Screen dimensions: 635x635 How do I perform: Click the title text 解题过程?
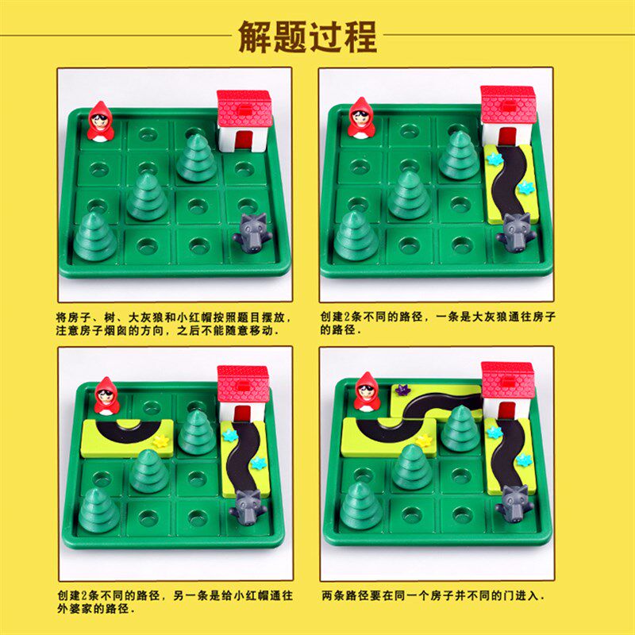point(308,36)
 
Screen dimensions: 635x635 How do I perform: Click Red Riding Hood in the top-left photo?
point(100,121)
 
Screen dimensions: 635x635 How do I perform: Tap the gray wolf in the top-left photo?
point(252,232)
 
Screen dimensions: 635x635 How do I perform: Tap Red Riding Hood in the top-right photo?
point(361,118)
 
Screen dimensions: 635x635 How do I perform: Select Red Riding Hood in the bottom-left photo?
point(106,395)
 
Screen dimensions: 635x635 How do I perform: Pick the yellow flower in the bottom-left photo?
point(163,439)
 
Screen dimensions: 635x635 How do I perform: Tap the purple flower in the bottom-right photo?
point(402,389)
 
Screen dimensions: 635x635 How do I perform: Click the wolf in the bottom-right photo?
point(511,503)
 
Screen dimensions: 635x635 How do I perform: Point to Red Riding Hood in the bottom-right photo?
point(367,391)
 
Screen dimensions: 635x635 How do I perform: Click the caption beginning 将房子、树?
point(174,322)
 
